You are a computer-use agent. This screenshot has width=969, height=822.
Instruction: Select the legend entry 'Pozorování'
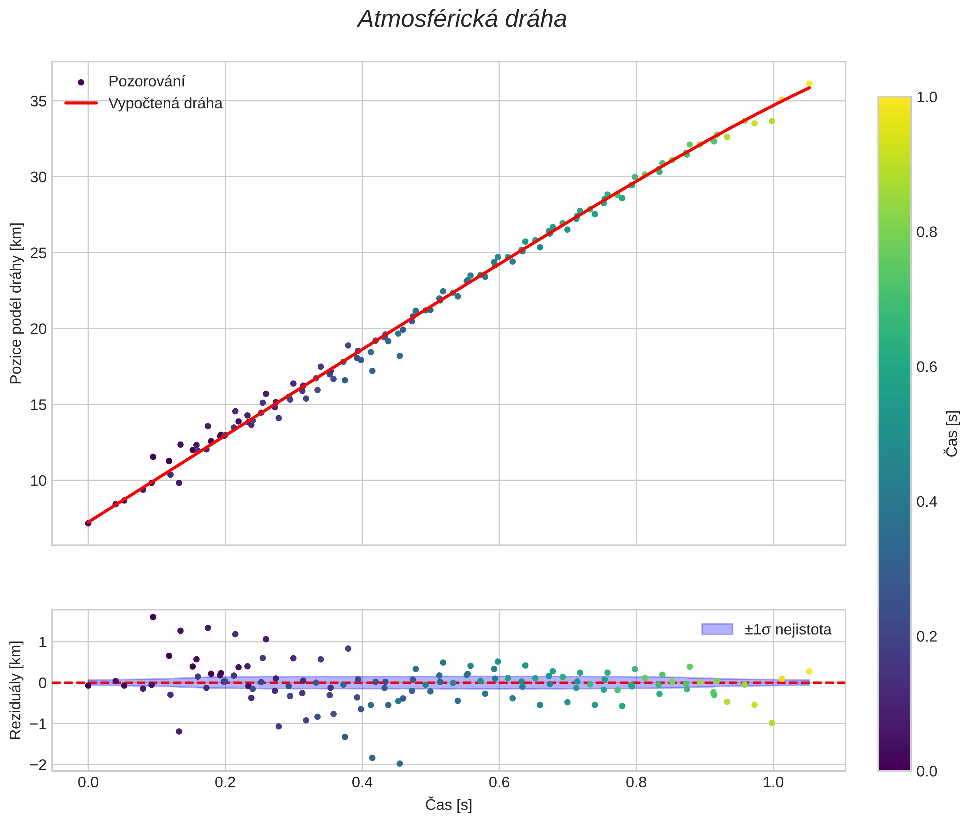pos(146,82)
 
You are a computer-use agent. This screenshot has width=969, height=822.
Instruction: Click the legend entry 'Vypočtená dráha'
pos(165,104)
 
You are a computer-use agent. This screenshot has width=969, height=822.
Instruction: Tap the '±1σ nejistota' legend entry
pos(787,630)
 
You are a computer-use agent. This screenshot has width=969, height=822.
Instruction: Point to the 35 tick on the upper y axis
pos(38,101)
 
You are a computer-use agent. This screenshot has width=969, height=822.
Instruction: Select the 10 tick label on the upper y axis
pos(38,481)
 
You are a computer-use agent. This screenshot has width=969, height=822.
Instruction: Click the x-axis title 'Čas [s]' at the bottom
pos(448,805)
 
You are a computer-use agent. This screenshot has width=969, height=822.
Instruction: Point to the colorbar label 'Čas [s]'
pos(953,433)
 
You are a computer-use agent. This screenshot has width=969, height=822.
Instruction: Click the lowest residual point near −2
pos(399,764)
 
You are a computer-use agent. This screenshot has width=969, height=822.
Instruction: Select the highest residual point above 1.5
pos(153,617)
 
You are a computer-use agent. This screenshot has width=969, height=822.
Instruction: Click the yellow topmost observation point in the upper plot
pos(809,84)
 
